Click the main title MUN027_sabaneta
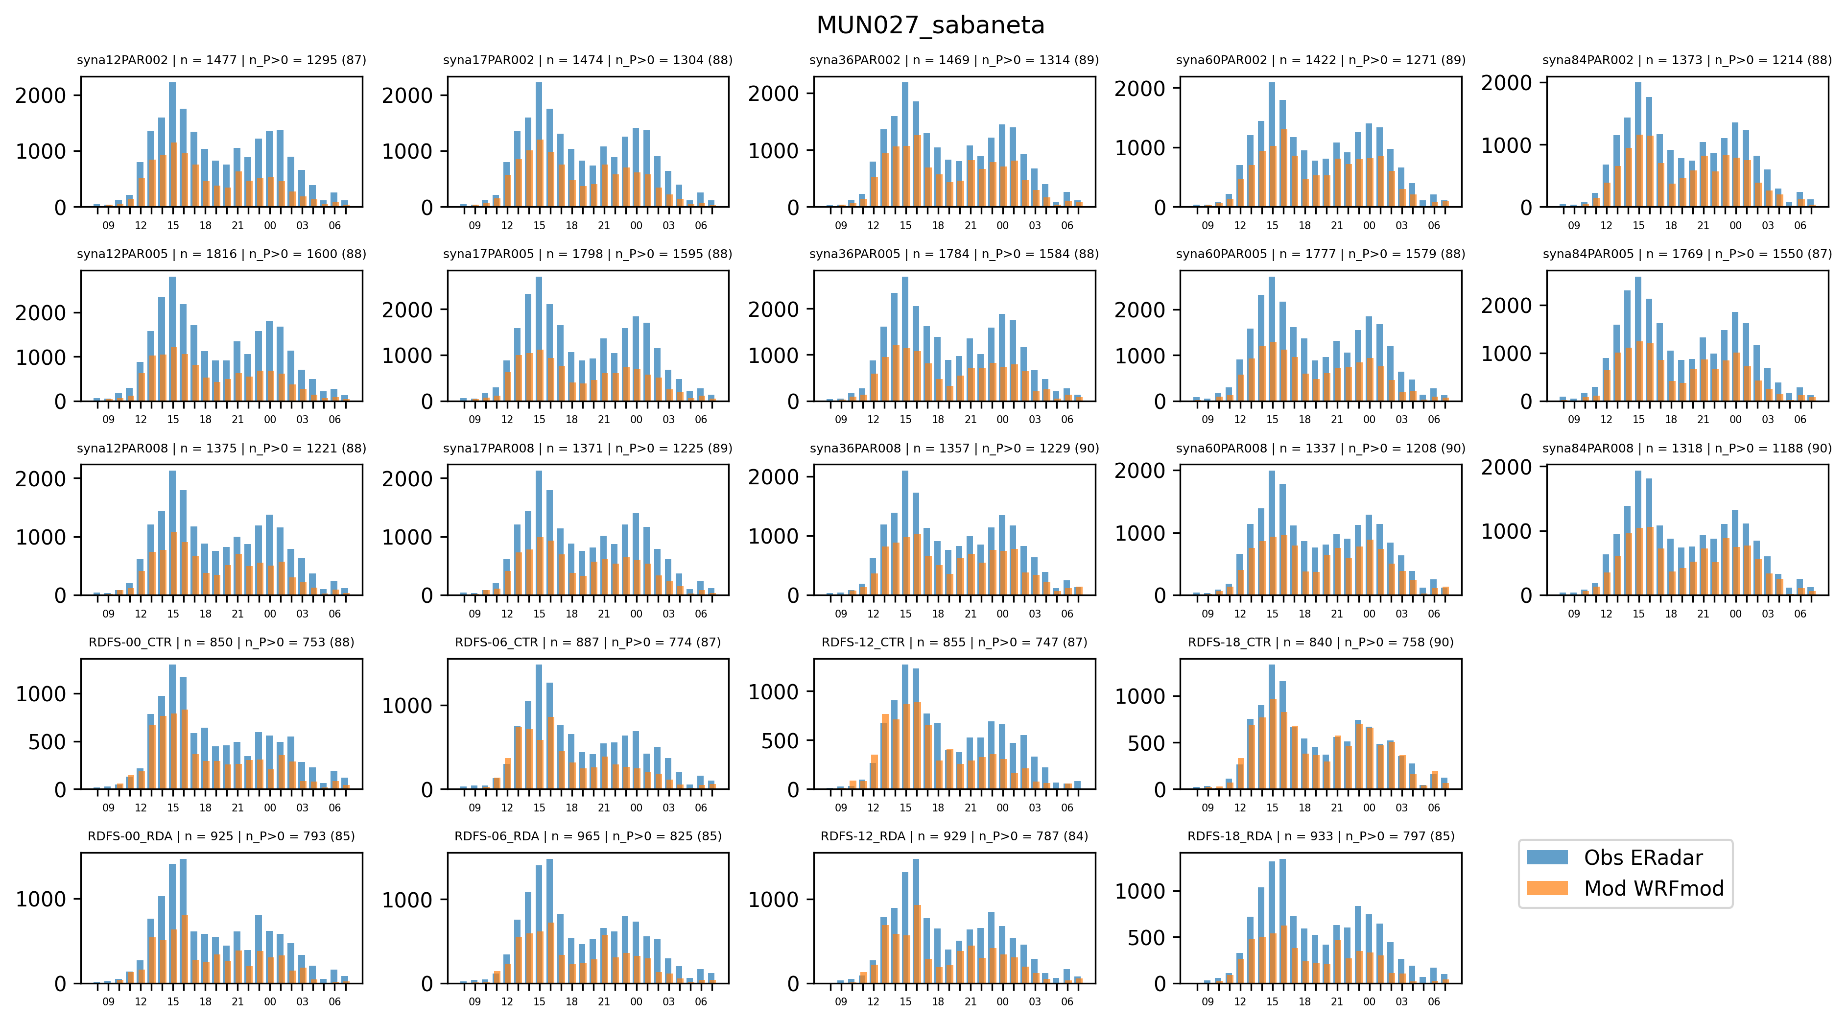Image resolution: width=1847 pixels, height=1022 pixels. click(x=930, y=25)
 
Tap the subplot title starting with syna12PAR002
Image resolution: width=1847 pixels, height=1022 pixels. click(x=221, y=60)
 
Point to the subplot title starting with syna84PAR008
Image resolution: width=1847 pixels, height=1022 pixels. click(x=1686, y=448)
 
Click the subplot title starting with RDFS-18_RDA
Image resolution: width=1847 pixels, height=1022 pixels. click(x=1321, y=836)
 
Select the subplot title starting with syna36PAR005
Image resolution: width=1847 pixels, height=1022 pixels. click(x=954, y=254)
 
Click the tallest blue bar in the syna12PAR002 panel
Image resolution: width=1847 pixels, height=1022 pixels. click(x=172, y=143)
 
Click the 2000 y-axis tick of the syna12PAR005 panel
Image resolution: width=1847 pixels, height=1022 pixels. click(x=41, y=313)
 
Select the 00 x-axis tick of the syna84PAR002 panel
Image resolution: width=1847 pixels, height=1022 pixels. click(x=1735, y=225)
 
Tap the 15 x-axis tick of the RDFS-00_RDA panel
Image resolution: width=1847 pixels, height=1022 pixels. click(x=173, y=1001)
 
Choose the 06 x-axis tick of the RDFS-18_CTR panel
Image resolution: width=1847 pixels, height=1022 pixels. click(x=1433, y=808)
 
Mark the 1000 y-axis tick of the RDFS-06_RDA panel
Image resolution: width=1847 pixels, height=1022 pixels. click(x=407, y=900)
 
